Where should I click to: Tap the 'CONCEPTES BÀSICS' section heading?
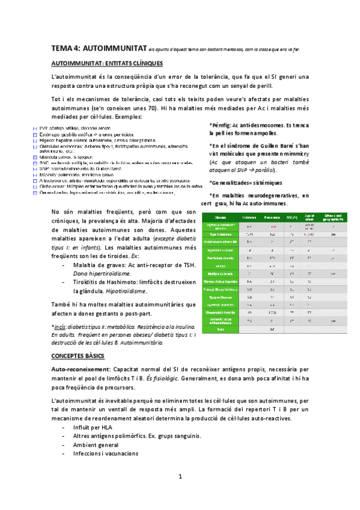point(79,356)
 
